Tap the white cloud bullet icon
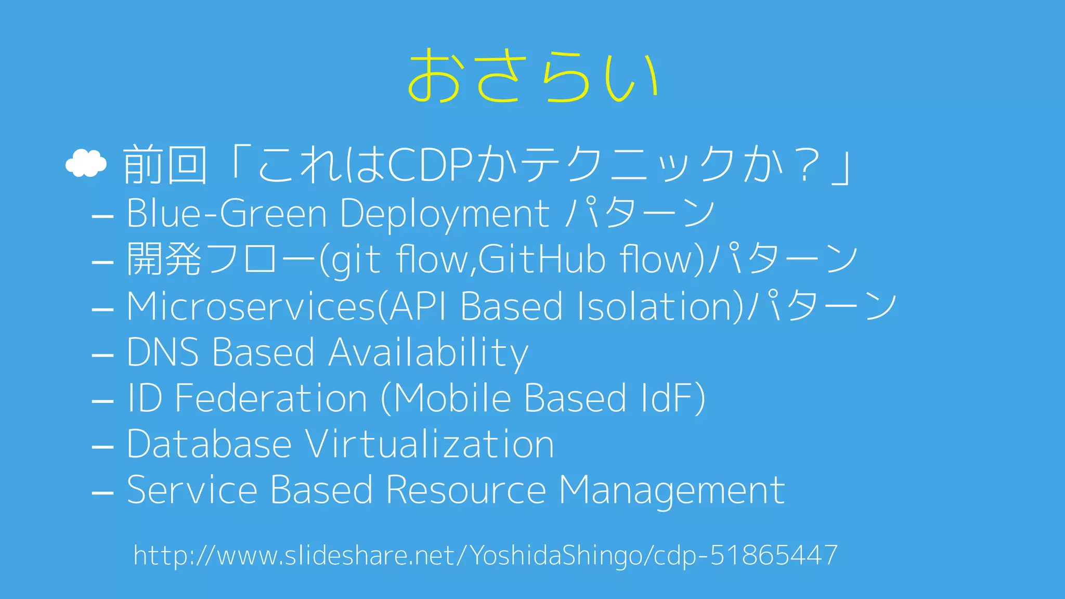(x=86, y=164)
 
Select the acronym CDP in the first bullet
(x=430, y=165)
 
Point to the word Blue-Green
(x=227, y=213)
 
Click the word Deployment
(x=445, y=214)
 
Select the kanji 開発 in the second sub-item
(x=164, y=259)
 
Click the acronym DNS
(x=162, y=352)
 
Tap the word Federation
(x=271, y=398)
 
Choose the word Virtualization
(x=430, y=445)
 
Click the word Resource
(x=466, y=490)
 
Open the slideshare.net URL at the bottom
(x=485, y=555)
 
